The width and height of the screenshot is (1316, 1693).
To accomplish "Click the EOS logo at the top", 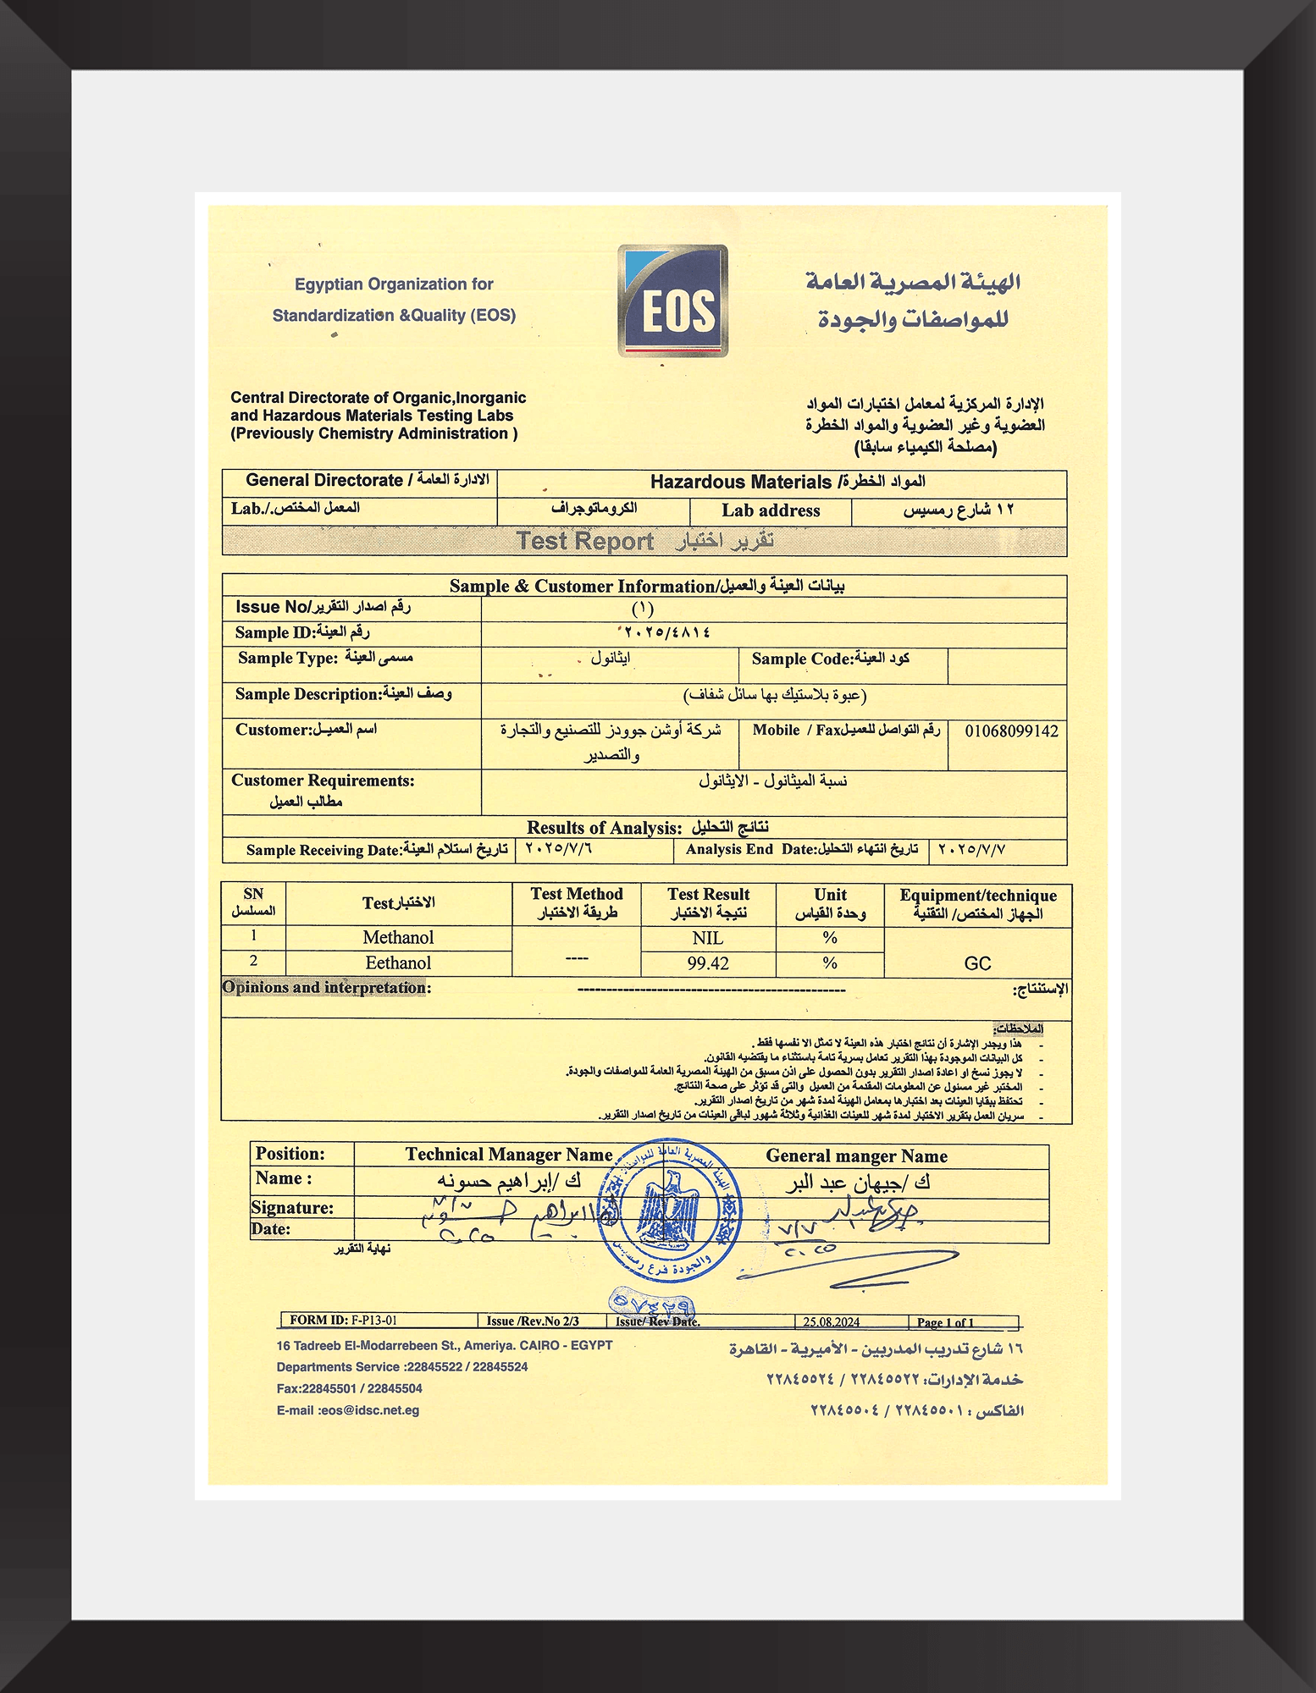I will point(672,301).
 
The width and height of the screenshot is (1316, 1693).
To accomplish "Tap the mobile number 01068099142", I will point(1011,731).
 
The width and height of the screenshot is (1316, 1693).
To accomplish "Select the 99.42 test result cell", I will point(708,963).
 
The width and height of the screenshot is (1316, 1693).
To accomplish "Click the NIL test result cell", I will point(708,938).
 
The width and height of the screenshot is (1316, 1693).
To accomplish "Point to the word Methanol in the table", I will point(398,937).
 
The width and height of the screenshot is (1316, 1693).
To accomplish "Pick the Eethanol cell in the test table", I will point(398,962).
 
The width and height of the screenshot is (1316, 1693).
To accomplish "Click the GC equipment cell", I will point(977,963).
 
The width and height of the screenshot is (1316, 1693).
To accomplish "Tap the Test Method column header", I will point(577,902).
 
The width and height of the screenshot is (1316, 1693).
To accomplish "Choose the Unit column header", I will point(830,903).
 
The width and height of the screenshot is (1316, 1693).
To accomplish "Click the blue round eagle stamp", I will point(669,1211).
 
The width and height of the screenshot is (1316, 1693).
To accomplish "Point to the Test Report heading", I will point(585,541).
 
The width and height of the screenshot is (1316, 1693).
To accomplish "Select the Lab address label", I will point(771,510).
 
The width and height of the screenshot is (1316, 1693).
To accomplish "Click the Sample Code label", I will point(800,659).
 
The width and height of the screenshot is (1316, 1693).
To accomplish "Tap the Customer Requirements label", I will point(323,780).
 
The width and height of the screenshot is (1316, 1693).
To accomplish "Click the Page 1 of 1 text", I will point(945,1322).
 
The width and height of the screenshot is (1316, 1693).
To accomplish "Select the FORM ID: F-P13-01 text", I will point(343,1320).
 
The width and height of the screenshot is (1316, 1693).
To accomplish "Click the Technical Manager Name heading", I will point(508,1155).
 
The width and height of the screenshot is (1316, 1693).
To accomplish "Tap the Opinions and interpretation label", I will point(326,987).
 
